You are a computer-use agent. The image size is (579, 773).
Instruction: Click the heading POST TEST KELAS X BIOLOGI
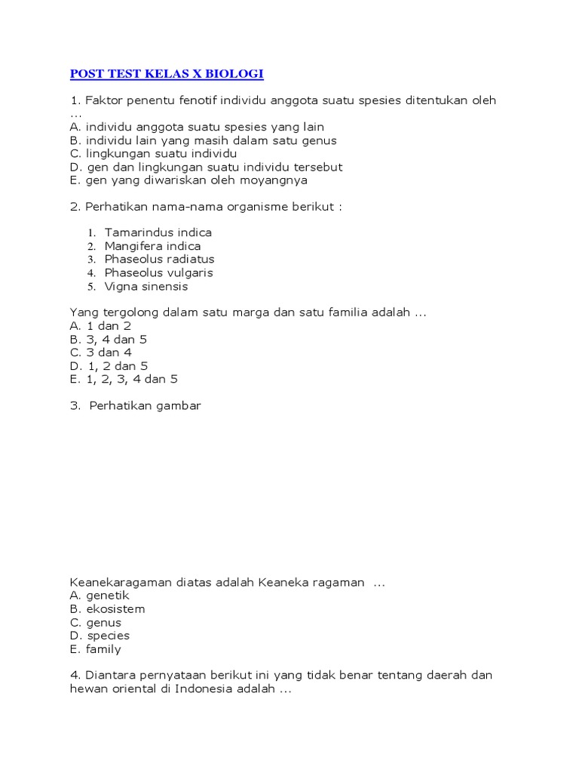(x=167, y=74)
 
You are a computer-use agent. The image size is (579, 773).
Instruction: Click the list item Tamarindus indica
(x=158, y=233)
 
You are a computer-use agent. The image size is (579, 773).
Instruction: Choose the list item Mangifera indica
(x=153, y=246)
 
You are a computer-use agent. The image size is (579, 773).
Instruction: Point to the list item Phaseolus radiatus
(x=160, y=259)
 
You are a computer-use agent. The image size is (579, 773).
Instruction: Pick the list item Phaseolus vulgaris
(x=159, y=273)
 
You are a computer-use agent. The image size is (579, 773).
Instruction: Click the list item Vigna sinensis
(x=146, y=286)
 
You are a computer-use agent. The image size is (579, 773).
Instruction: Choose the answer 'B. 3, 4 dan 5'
(x=108, y=340)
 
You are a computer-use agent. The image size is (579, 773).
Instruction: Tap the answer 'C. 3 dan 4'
(x=100, y=353)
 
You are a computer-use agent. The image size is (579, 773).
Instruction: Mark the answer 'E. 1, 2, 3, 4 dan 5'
(x=124, y=379)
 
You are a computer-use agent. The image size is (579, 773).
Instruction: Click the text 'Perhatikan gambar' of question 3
(x=146, y=406)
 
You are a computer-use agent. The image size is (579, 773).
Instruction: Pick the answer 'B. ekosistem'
(x=107, y=608)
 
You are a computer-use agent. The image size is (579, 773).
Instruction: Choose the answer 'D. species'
(x=100, y=636)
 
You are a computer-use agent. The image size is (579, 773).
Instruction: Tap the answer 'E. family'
(x=95, y=649)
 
